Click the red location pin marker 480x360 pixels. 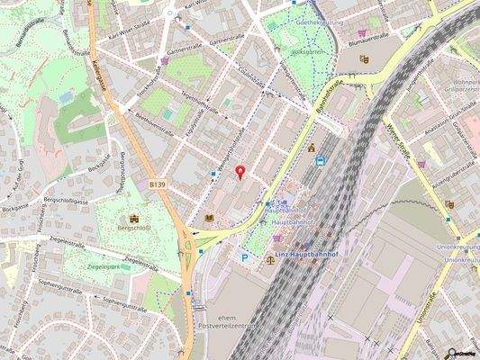(x=240, y=172)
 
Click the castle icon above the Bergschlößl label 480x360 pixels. (x=136, y=218)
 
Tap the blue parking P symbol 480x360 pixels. (x=245, y=256)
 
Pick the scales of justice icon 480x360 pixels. (x=271, y=259)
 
